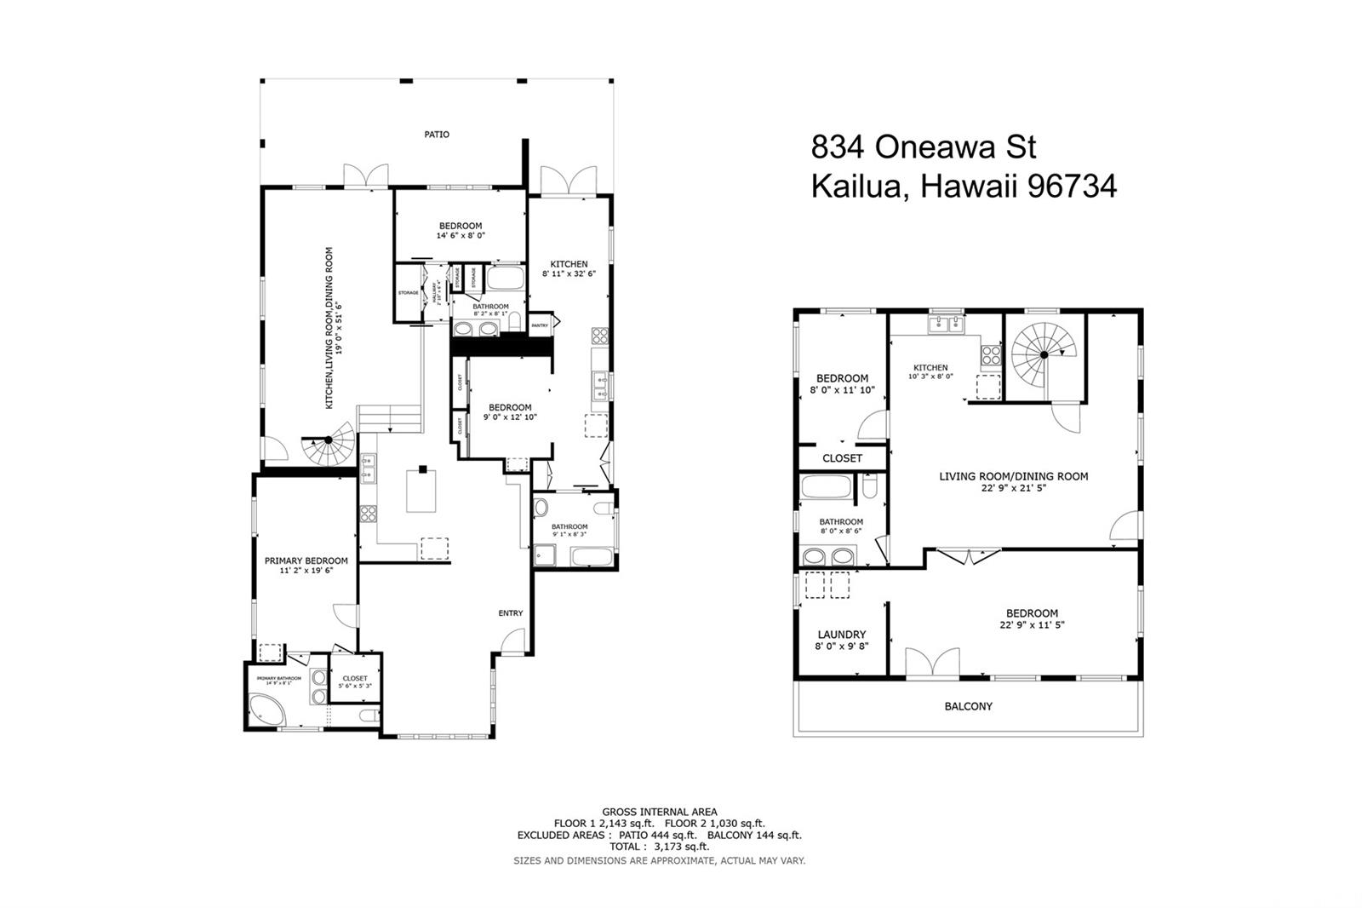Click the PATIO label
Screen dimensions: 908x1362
(437, 135)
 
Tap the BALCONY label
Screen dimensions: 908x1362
(968, 706)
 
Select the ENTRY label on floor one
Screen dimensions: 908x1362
(511, 613)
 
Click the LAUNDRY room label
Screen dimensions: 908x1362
(841, 635)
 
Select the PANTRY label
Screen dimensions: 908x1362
(540, 325)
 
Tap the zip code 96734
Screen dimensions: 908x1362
(1072, 186)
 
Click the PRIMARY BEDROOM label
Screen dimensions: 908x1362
(306, 560)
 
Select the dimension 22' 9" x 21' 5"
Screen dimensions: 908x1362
(1013, 488)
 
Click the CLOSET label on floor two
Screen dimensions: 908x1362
(842, 458)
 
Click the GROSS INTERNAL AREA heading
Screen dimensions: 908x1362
(659, 812)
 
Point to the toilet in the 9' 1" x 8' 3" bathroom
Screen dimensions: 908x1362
(603, 509)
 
